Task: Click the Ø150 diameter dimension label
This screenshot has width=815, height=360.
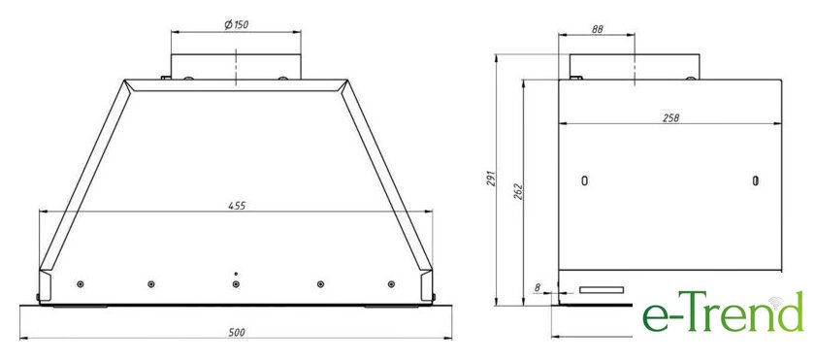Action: (x=236, y=25)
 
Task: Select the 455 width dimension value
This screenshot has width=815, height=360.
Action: (x=237, y=206)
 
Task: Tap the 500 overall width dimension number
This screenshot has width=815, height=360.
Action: (x=237, y=333)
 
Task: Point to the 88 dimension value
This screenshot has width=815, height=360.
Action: (x=597, y=30)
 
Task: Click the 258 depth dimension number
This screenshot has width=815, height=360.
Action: (x=670, y=118)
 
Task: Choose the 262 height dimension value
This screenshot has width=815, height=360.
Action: (x=518, y=192)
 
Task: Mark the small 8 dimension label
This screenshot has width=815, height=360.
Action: (x=537, y=286)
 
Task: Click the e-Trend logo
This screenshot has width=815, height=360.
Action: (x=723, y=311)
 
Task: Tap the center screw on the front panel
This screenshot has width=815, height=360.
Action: (x=236, y=284)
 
